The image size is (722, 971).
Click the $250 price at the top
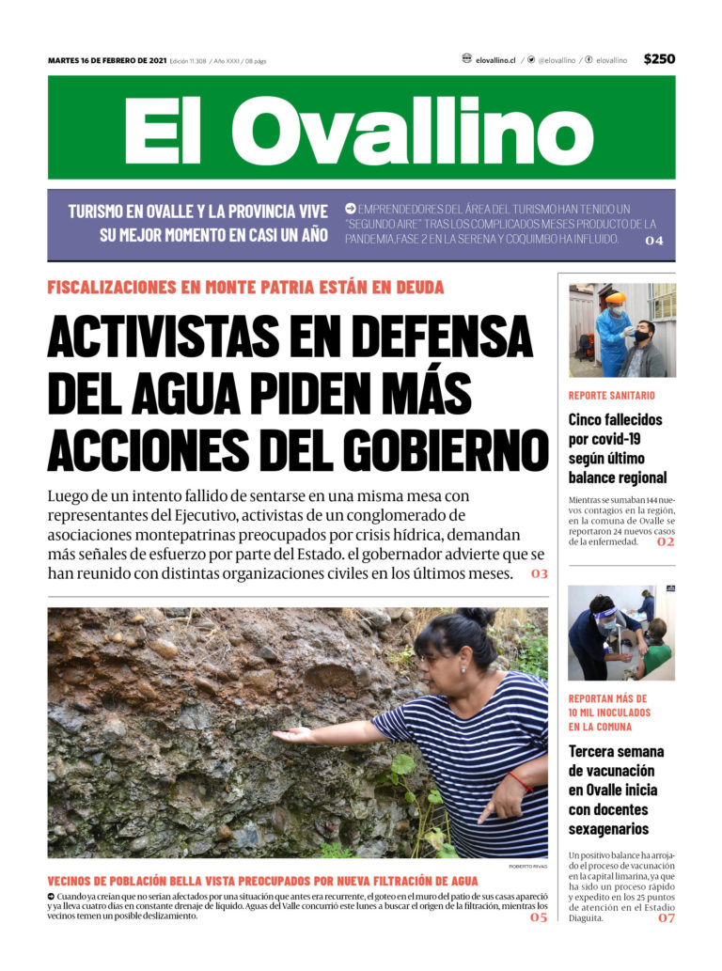659,59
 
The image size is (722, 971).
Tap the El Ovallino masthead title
360,129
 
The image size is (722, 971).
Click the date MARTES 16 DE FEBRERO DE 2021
107,61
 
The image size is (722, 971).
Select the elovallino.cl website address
494,60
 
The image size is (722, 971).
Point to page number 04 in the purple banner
654,242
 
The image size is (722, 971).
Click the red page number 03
539,573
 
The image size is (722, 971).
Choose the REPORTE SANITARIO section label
612,396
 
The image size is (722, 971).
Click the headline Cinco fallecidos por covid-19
617,448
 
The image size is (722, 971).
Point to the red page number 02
665,542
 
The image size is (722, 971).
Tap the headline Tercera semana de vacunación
617,790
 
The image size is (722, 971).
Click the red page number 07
666,918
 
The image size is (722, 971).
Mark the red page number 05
538,917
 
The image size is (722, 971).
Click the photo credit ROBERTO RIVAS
527,866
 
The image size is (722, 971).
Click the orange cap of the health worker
616,298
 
